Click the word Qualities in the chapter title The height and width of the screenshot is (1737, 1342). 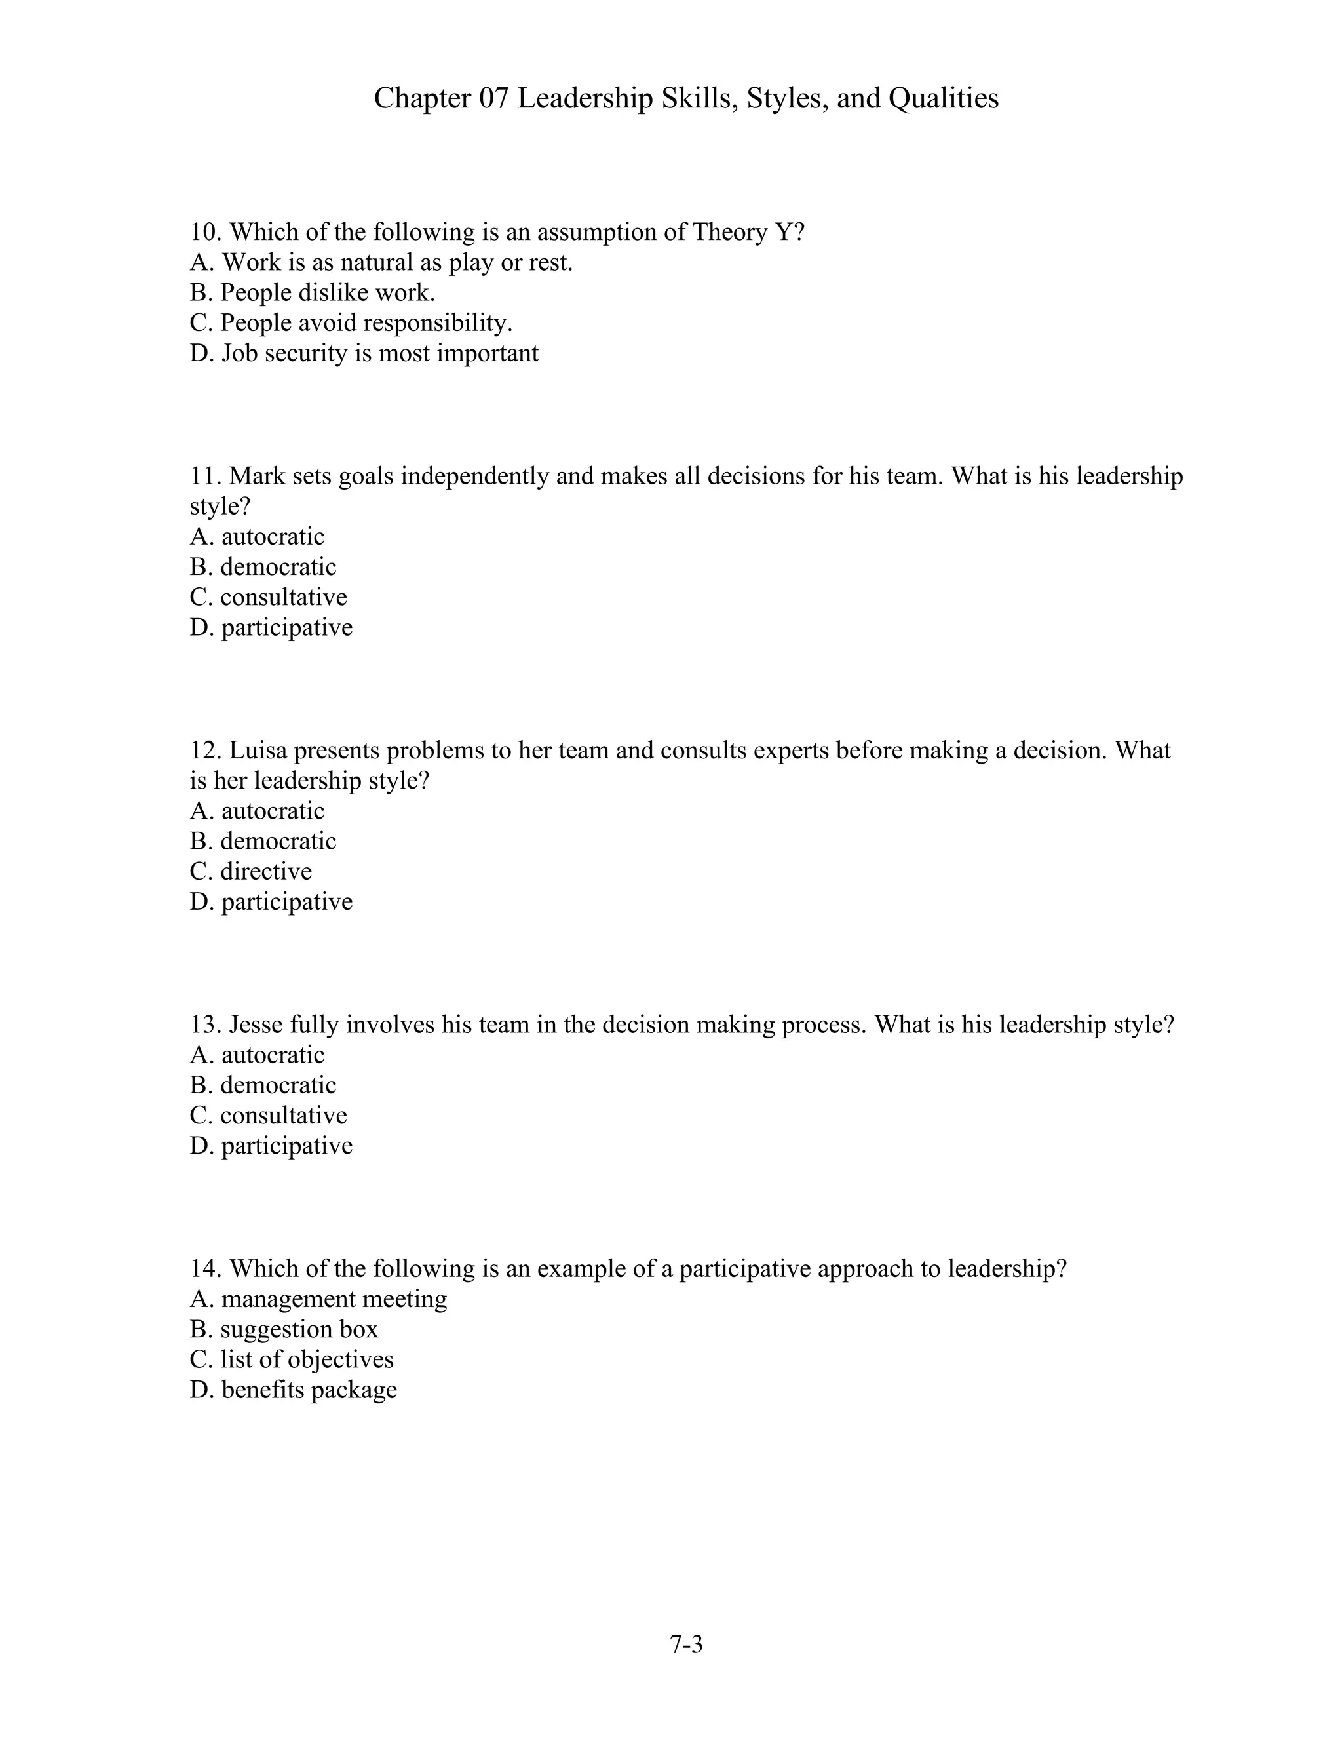(x=943, y=98)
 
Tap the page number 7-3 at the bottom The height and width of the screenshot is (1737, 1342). (x=686, y=1643)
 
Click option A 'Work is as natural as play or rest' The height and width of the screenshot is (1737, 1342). (x=381, y=262)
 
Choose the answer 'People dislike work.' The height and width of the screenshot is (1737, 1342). (x=313, y=293)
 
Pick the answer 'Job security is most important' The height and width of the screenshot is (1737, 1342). (x=364, y=353)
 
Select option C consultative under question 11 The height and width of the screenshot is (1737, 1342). (x=269, y=596)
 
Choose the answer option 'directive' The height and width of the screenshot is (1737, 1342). (x=251, y=871)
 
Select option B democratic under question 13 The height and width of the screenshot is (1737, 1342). (x=263, y=1085)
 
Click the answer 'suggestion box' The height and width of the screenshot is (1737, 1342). (x=284, y=1329)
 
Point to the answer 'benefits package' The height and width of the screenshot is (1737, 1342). (x=294, y=1390)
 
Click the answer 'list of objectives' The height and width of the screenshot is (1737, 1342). (x=292, y=1359)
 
